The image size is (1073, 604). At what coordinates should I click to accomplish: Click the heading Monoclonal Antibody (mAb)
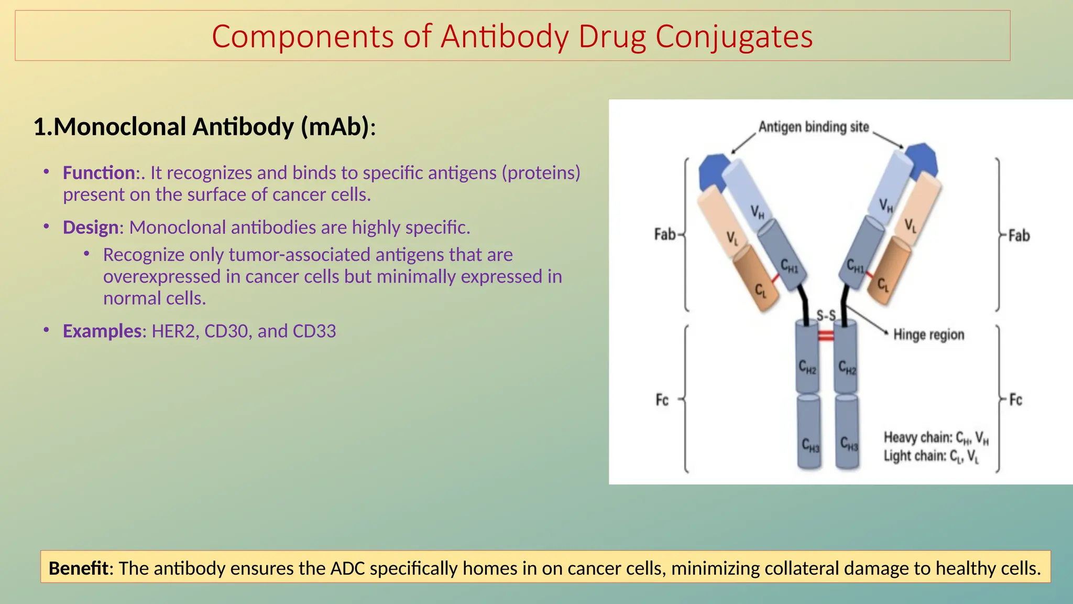point(204,127)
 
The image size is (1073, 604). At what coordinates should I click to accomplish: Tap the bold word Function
point(99,172)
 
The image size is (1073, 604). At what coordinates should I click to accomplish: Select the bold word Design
point(91,227)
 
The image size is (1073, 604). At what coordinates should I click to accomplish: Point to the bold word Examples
point(102,331)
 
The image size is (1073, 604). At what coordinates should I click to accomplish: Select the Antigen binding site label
point(813,127)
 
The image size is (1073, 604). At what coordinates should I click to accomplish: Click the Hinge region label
point(928,335)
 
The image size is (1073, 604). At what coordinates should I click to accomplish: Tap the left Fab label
point(665,234)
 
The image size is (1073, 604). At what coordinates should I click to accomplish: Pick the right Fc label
point(1015,400)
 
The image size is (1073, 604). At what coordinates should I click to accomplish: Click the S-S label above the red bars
point(826,316)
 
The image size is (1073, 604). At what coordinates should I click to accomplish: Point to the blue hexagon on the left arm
point(713,171)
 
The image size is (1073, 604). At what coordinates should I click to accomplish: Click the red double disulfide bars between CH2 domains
point(826,336)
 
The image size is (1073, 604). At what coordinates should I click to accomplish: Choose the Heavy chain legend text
point(936,438)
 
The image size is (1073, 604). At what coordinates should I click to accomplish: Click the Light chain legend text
point(931,456)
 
